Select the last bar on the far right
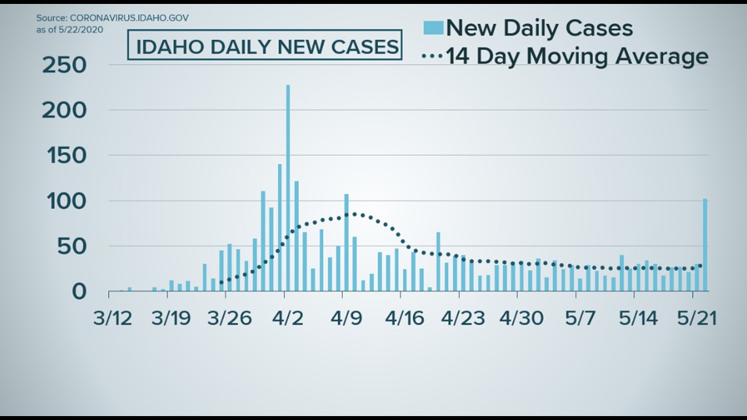tap(705, 245)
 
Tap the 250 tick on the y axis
tap(64, 66)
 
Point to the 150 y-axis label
tap(64, 156)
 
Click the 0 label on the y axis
tap(79, 292)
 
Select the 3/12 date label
tap(113, 318)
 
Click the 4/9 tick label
tap(345, 318)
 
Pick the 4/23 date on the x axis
tap(463, 318)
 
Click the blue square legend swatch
tap(434, 28)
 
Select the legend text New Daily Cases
tap(539, 28)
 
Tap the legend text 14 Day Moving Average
tap(577, 56)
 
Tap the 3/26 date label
tap(229, 318)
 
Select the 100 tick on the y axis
tap(64, 201)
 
